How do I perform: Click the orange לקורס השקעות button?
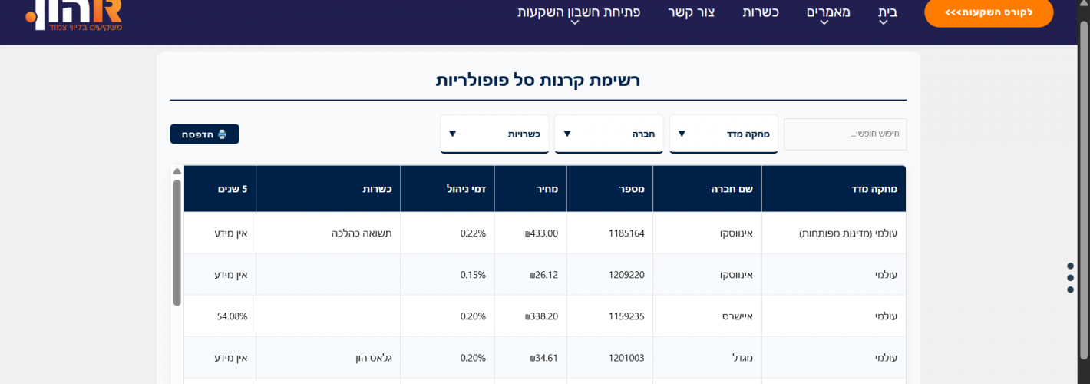pos(989,12)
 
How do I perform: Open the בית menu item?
pos(887,12)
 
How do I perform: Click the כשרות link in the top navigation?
pos(761,12)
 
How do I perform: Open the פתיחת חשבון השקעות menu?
pos(579,12)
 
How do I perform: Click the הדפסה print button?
pos(204,134)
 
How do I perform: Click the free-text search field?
pos(844,134)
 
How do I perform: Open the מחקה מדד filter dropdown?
pos(723,134)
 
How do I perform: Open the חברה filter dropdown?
pos(609,134)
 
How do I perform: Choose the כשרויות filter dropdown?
pos(494,134)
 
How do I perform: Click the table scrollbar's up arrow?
pos(177,171)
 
